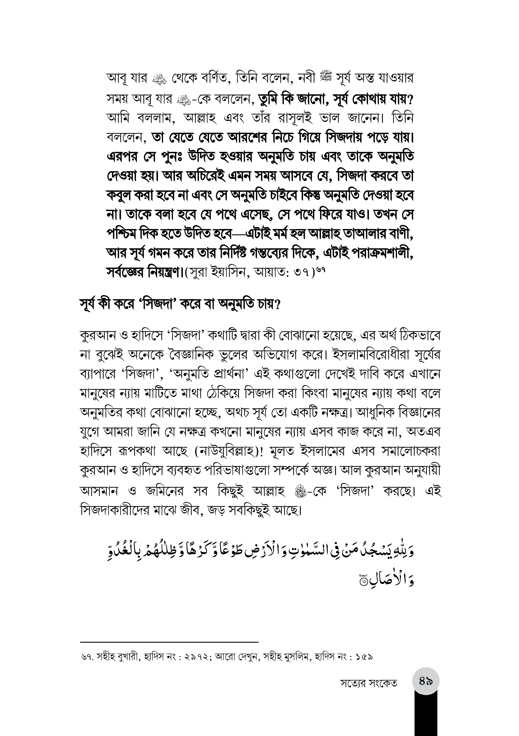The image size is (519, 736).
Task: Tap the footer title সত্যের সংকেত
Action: coord(368,684)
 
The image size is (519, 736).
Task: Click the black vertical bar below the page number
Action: coord(425,715)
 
